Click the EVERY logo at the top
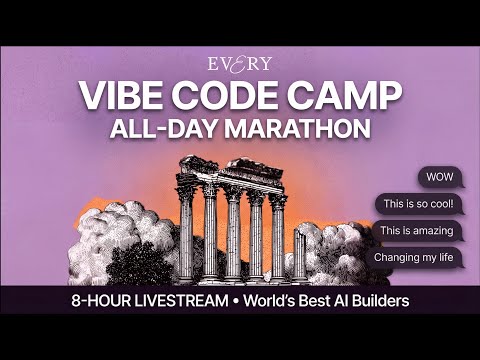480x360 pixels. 240,63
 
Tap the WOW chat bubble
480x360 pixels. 439,177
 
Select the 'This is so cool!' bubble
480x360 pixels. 418,204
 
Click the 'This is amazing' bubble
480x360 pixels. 417,231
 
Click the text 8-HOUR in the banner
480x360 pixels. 104,300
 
